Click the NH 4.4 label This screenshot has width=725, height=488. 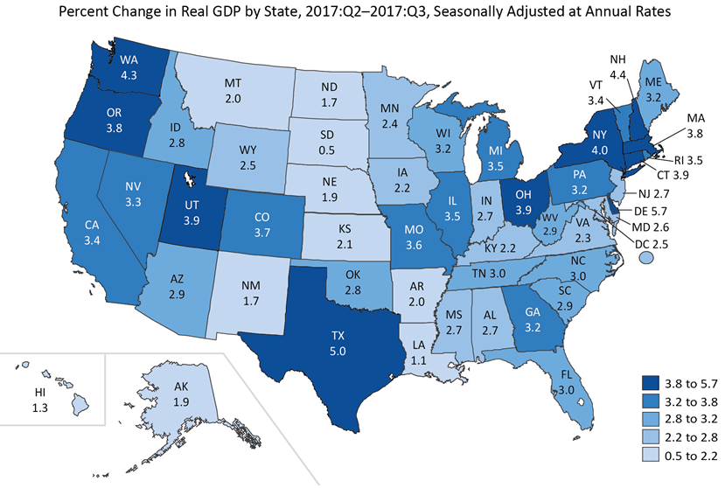pos(618,66)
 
